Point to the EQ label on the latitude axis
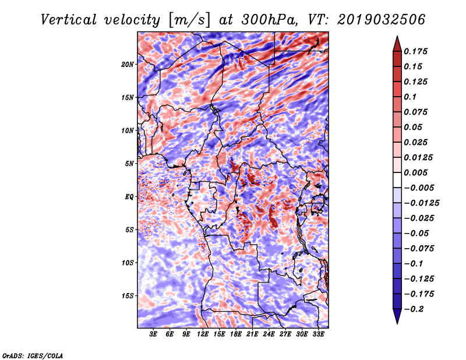click(129, 197)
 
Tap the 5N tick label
click(129, 164)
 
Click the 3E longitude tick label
click(154, 334)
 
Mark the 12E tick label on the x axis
click(203, 334)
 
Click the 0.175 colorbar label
click(416, 51)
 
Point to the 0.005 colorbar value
click(416, 172)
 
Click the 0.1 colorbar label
click(411, 97)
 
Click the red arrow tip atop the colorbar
click(396, 41)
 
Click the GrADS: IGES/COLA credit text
click(33, 355)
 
